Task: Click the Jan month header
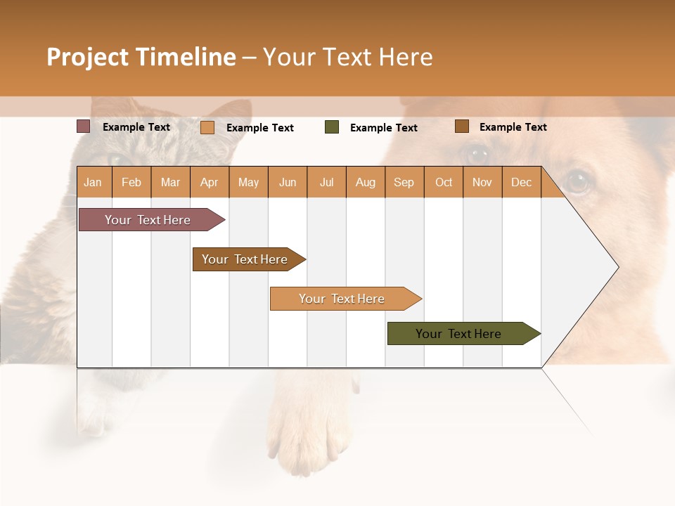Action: [x=93, y=182]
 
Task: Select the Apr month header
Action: [x=209, y=182]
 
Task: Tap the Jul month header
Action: [x=326, y=182]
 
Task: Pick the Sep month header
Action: [x=404, y=182]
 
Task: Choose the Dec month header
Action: [x=521, y=182]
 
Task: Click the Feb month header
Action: [x=131, y=182]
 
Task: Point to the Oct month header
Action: [x=444, y=182]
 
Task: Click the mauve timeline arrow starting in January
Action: [x=148, y=220]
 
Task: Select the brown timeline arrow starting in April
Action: [x=245, y=259]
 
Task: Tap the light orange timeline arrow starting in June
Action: [x=342, y=299]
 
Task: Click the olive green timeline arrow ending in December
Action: [x=458, y=334]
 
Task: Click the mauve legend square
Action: [x=83, y=126]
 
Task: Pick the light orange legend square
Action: [x=207, y=127]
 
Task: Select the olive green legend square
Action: [x=332, y=127]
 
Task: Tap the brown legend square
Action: [x=461, y=126]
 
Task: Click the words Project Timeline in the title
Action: [x=141, y=57]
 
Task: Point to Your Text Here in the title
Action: [x=347, y=57]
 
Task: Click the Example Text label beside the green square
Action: [x=383, y=128]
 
